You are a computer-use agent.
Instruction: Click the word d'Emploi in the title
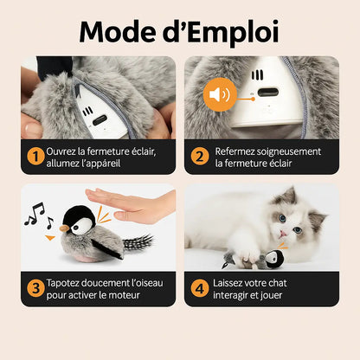point(221,33)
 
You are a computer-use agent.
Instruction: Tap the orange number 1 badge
point(35,157)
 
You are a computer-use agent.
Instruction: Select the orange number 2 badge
point(199,157)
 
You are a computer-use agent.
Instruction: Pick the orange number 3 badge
point(35,288)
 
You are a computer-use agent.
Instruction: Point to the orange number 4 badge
point(200,288)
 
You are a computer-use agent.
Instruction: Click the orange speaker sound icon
point(220,94)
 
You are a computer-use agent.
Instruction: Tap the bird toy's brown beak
point(65,228)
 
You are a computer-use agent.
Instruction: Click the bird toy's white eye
point(79,226)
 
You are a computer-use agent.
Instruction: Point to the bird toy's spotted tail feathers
point(138,242)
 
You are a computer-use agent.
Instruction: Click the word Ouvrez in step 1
point(61,151)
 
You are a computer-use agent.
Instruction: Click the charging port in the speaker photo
point(268,93)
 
